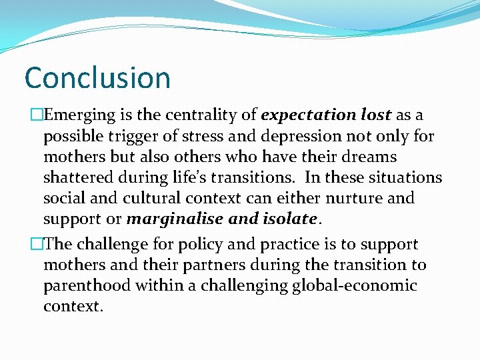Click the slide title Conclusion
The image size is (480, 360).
(x=97, y=77)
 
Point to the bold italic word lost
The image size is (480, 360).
(x=375, y=115)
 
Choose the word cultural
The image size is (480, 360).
(x=141, y=198)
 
